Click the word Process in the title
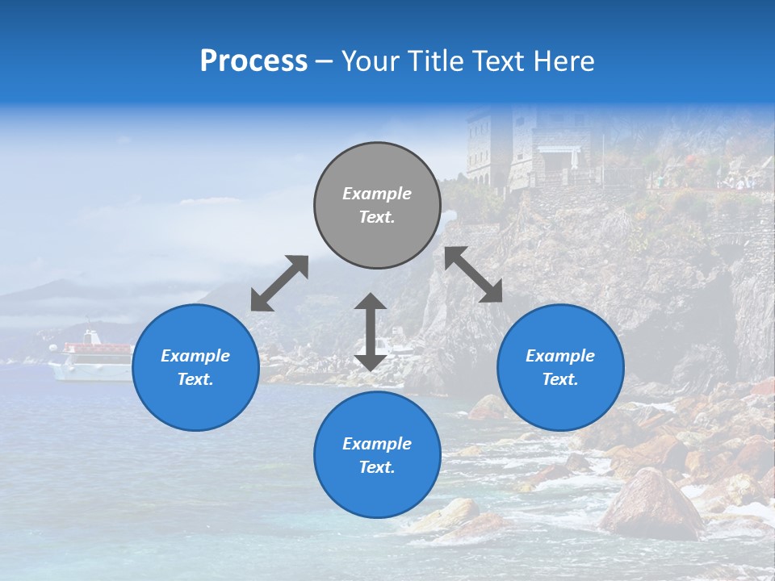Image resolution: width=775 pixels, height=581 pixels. [253, 61]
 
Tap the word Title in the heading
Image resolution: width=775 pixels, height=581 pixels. [433, 61]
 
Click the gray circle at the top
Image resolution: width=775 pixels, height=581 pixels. [377, 205]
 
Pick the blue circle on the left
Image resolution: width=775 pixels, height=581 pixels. [195, 367]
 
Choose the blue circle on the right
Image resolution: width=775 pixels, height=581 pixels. [560, 367]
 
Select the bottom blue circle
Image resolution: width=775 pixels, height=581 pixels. [377, 455]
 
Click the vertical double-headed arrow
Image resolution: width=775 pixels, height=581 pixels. [371, 332]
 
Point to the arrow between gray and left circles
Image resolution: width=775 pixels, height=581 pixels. [279, 283]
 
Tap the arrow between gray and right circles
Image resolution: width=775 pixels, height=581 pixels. [474, 274]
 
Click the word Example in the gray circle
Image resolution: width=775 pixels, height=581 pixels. [377, 194]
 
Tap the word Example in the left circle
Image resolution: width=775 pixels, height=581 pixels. [195, 356]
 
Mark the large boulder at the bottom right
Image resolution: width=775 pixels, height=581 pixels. [651, 504]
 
